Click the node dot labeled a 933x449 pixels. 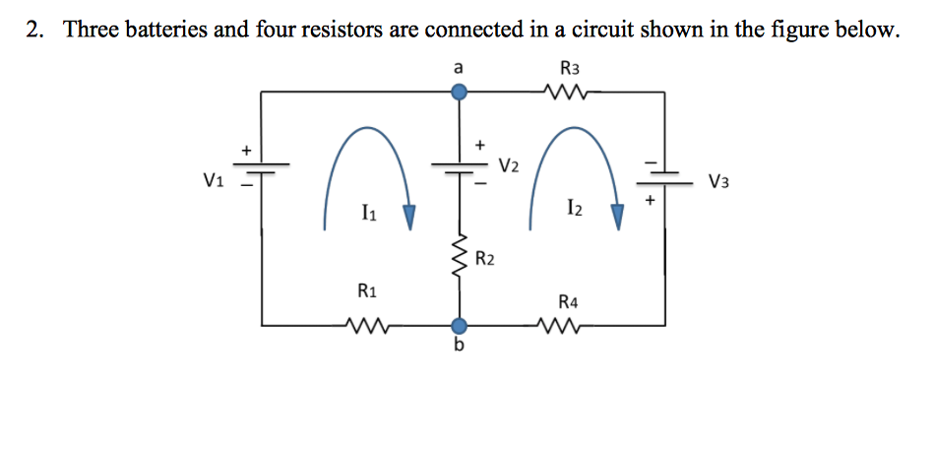(459, 93)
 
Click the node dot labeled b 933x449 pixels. (459, 326)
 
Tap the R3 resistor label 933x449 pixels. (569, 68)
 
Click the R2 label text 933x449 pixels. (484, 260)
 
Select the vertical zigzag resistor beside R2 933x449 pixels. (459, 258)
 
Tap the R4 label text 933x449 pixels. (568, 301)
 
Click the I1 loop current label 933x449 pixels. (367, 211)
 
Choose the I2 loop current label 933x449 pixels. (575, 207)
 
